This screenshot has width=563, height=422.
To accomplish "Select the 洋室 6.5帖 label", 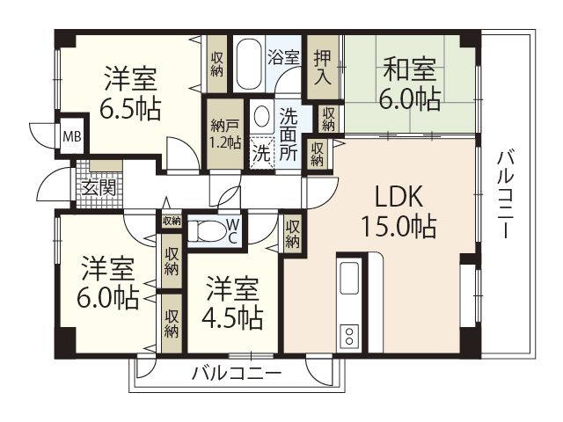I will [130, 94].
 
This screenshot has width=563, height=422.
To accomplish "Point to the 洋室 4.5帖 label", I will [233, 302].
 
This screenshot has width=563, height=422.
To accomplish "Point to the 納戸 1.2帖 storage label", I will [224, 133].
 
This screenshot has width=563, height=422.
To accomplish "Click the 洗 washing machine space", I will [261, 151].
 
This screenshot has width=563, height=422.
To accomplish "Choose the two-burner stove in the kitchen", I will [348, 335].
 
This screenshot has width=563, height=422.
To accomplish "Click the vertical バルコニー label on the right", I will [505, 193].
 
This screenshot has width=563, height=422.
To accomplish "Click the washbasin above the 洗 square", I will [261, 116].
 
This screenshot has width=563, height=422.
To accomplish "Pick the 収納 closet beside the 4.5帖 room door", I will [293, 232].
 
